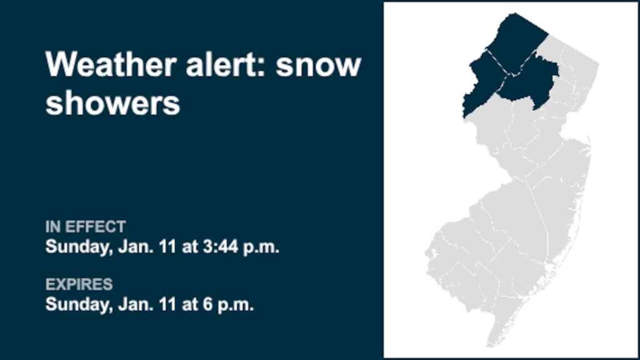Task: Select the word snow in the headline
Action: tap(319, 65)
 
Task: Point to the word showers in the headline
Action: tap(112, 103)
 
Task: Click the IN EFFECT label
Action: tap(86, 227)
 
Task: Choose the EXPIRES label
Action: tap(79, 285)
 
